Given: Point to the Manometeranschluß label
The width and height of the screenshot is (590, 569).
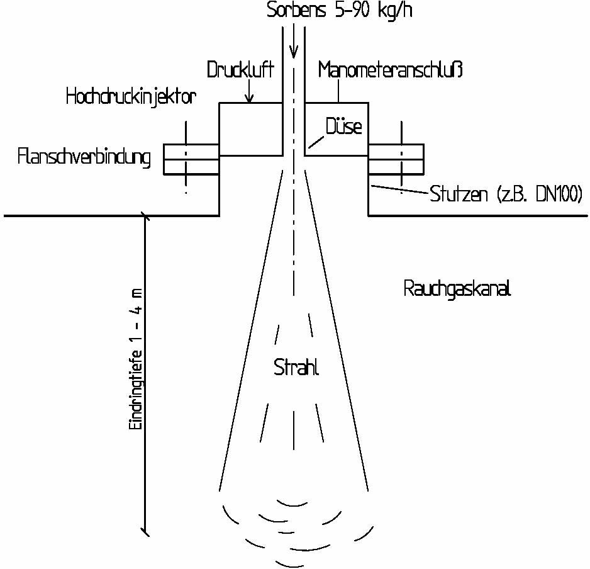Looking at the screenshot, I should click(390, 69).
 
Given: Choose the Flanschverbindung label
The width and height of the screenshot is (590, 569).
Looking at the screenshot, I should click(85, 157).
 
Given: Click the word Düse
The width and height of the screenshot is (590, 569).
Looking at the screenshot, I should click(343, 127).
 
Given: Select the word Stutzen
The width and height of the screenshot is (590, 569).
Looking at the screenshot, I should click(459, 194).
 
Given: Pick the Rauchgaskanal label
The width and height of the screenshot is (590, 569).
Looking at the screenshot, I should click(457, 290).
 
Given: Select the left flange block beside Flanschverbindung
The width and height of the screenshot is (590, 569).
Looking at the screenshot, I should click(191, 159).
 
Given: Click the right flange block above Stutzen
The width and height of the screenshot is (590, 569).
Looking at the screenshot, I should click(396, 159).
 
